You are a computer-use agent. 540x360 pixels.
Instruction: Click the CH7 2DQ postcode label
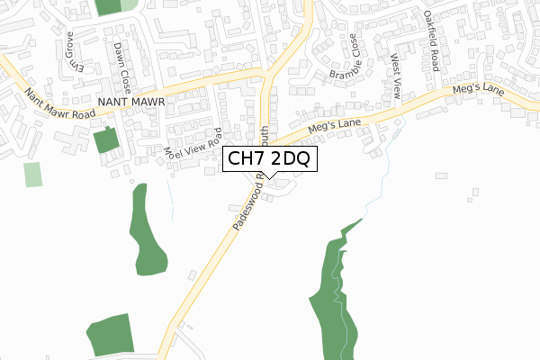[x=269, y=160]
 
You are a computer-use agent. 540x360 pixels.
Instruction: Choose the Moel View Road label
[x=193, y=145]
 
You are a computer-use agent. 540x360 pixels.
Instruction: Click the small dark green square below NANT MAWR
[x=105, y=141]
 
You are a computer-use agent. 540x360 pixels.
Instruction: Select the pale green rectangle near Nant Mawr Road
[x=33, y=174]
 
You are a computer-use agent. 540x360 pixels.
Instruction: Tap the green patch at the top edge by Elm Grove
[x=108, y=5]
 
